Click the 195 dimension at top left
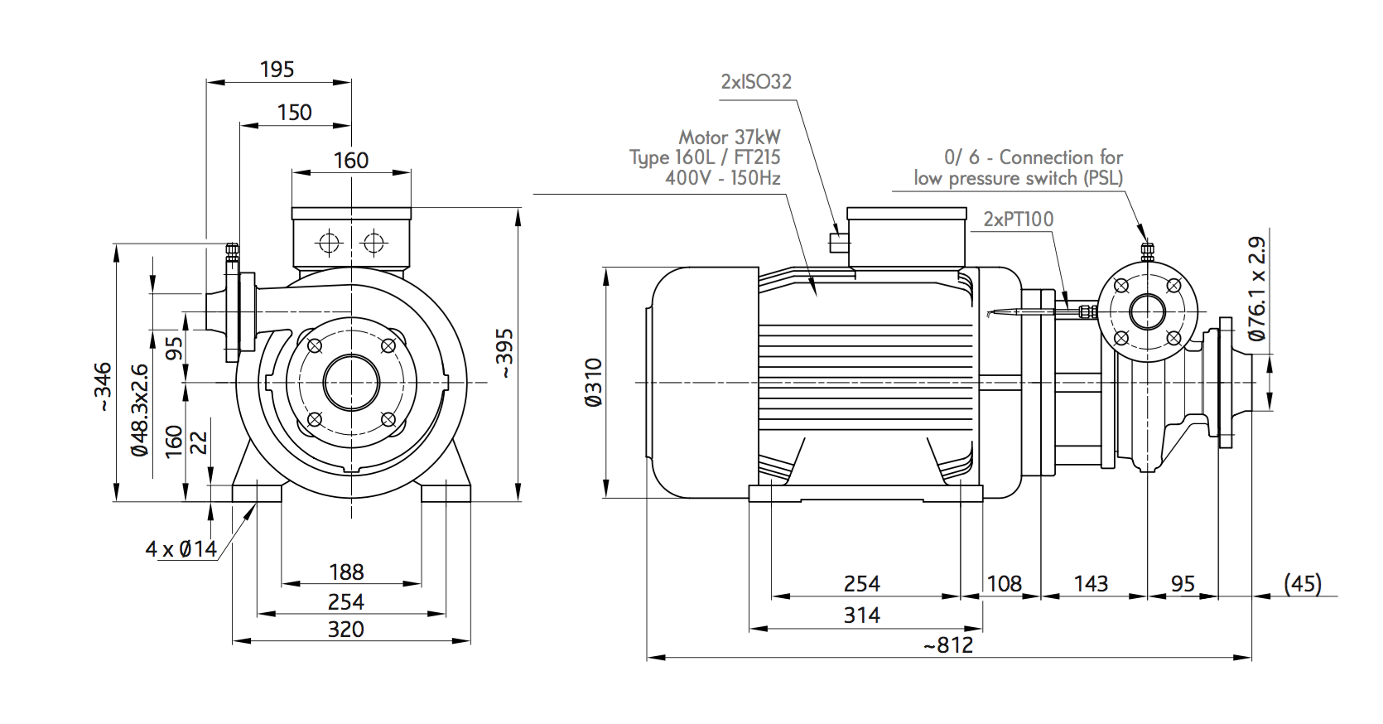point(277,70)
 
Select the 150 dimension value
point(295,113)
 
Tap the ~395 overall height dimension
point(505,355)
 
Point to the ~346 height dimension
point(102,387)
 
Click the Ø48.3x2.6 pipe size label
point(139,409)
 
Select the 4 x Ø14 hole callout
point(181,548)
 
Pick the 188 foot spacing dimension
point(346,572)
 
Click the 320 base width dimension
point(345,630)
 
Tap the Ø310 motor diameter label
point(593,383)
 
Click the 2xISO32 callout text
point(756,82)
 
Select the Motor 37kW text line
point(729,137)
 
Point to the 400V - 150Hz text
point(722,178)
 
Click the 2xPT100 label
point(1018,220)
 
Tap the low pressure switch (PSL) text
point(1018,178)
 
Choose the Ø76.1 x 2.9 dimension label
point(1257,288)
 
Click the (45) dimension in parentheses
point(1302,584)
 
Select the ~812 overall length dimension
point(948,645)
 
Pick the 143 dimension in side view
point(1091,584)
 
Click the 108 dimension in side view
point(1004,584)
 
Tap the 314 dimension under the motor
point(861,615)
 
